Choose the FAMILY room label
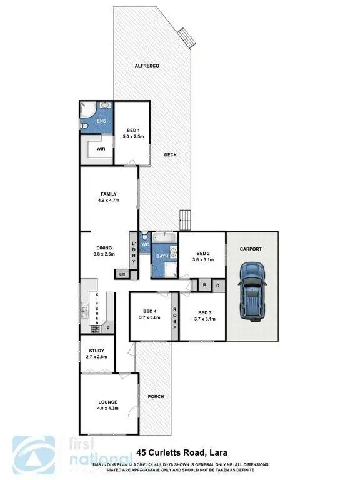click(x=109, y=194)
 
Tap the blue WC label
click(x=144, y=245)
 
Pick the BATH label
click(x=162, y=256)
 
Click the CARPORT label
click(x=251, y=249)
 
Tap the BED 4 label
click(x=149, y=311)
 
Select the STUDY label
click(x=97, y=351)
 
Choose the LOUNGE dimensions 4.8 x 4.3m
click(x=107, y=408)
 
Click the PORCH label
click(x=154, y=397)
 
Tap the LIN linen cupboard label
click(x=121, y=274)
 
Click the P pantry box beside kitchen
click(x=107, y=327)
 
